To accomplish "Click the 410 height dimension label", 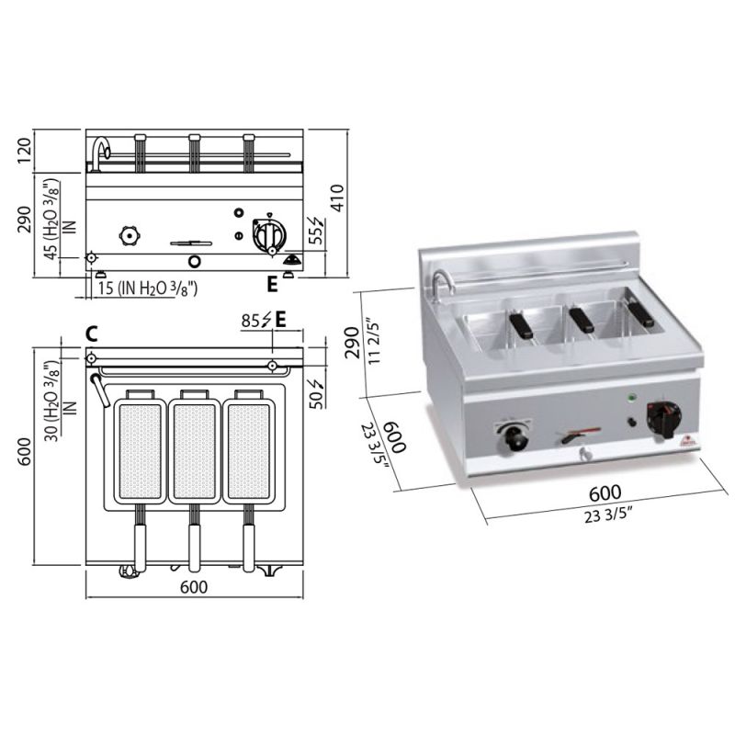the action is [x=337, y=198].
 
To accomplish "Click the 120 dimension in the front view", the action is [x=25, y=151].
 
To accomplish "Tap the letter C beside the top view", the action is [x=92, y=334].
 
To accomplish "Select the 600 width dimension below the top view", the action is [x=194, y=586].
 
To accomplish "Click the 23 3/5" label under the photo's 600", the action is [x=608, y=516].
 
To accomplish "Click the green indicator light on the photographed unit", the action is [x=631, y=399].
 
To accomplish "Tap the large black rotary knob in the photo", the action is [x=662, y=419].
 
